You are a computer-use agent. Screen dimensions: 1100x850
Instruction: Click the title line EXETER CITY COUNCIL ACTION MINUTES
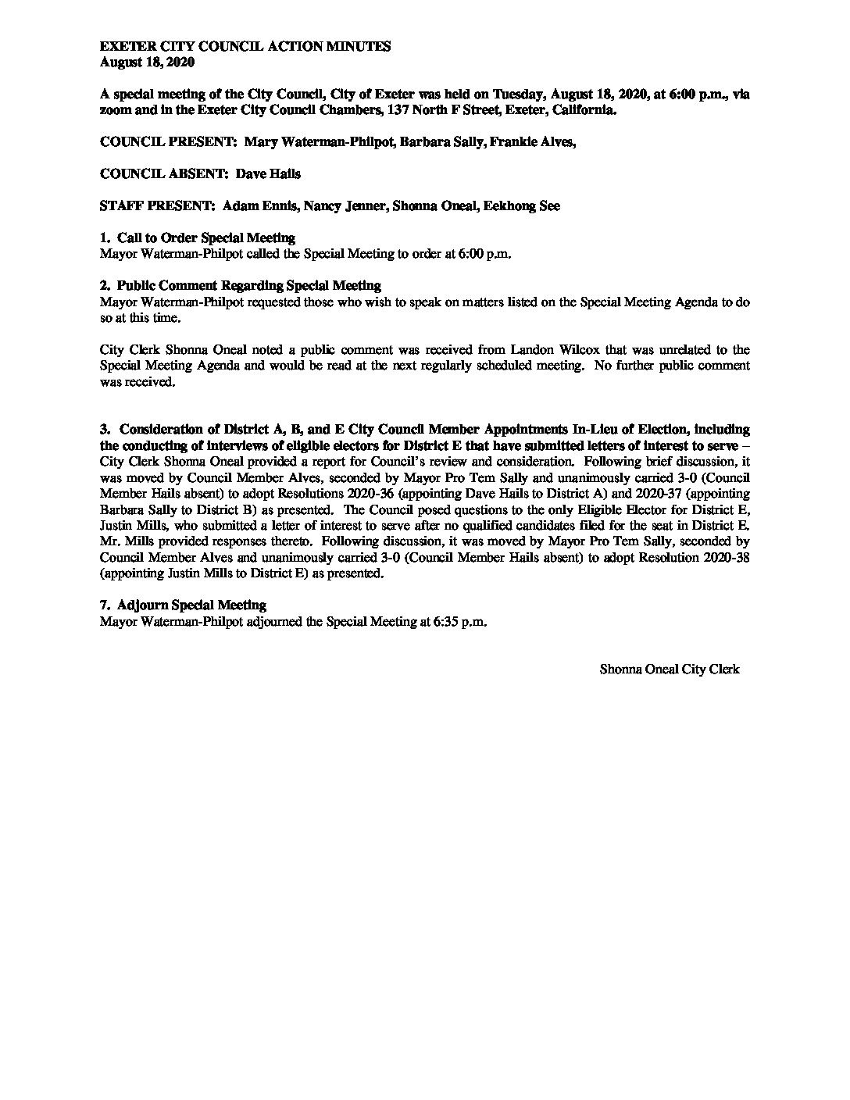245,47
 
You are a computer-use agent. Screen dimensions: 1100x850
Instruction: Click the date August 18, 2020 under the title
147,62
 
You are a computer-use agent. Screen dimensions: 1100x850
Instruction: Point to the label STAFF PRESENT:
158,206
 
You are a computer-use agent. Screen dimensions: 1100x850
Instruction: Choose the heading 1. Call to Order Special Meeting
198,237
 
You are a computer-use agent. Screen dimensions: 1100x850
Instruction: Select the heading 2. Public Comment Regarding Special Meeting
241,285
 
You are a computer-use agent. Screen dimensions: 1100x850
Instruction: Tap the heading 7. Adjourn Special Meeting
183,605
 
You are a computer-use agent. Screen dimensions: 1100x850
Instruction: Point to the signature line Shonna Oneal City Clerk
670,669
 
